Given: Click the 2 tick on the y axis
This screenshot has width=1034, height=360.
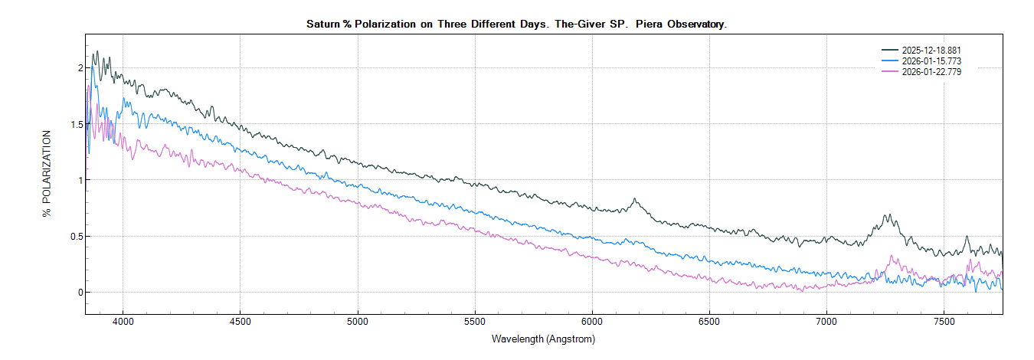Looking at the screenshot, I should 78,67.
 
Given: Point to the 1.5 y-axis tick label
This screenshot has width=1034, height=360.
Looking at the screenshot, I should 74,124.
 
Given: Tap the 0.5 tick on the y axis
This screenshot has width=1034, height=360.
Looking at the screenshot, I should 74,236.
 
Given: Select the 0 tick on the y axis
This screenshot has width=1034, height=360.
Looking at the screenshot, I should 78,293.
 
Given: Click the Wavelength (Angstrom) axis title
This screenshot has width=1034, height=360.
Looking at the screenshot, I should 543,339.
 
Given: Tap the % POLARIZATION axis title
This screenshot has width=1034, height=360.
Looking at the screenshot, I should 47,173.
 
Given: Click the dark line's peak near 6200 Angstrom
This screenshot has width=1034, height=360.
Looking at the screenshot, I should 634,199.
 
